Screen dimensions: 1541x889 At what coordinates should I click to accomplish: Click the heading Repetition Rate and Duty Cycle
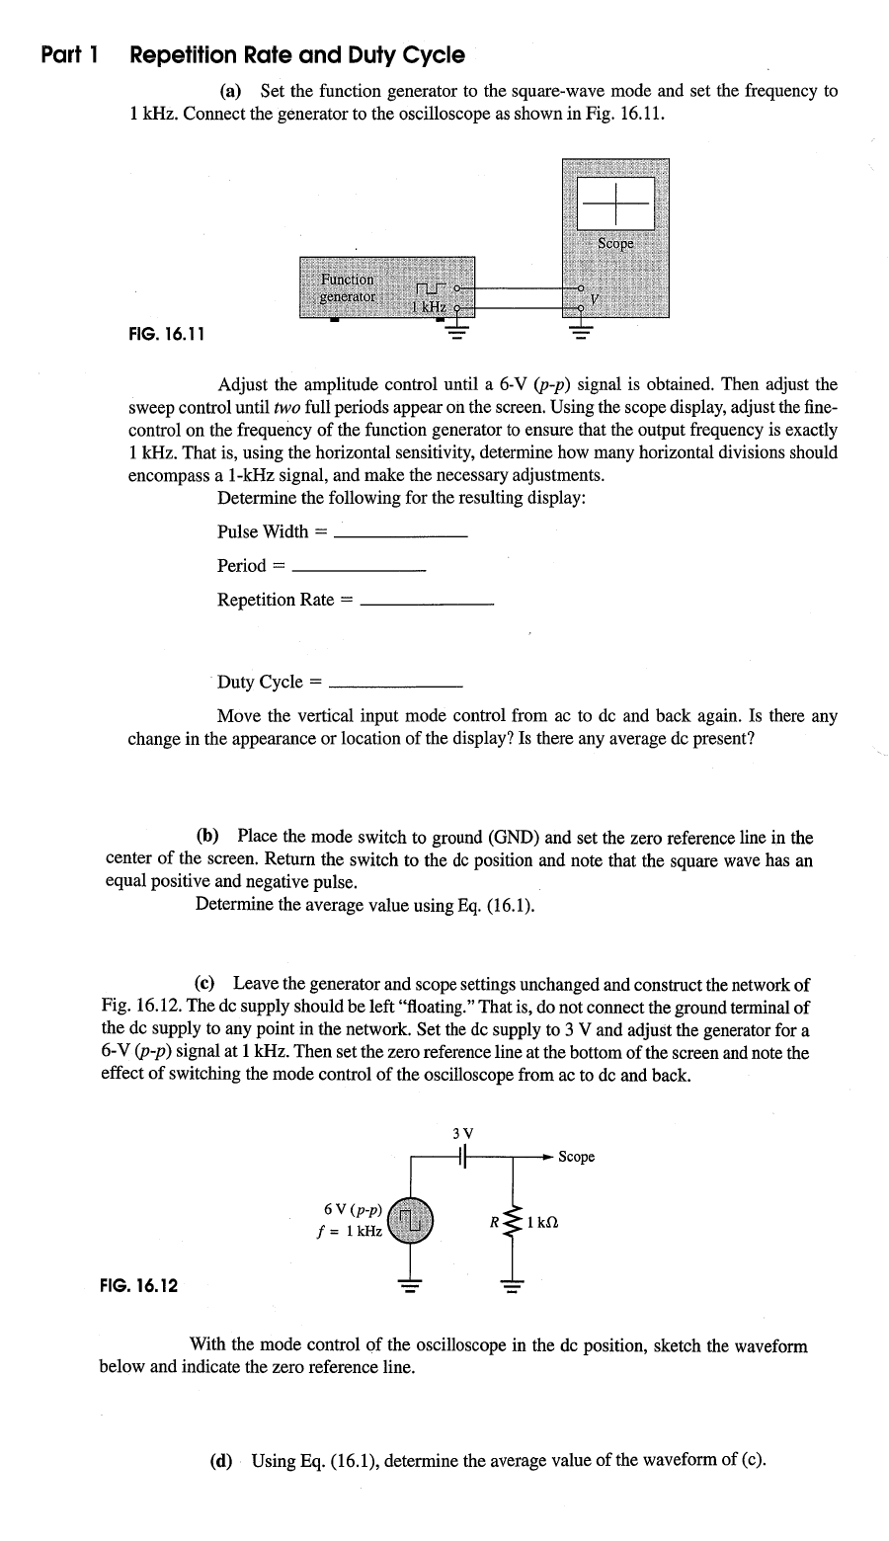click(x=296, y=54)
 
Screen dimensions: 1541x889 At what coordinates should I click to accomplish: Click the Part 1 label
click(x=68, y=54)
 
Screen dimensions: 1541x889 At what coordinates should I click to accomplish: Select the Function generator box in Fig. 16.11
click(x=385, y=286)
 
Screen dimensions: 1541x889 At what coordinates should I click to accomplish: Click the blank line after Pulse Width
click(x=400, y=534)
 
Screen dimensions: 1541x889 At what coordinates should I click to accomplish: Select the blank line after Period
click(x=360, y=569)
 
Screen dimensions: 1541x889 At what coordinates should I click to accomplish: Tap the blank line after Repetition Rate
click(x=427, y=603)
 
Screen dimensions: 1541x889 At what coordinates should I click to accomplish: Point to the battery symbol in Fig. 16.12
click(x=463, y=1156)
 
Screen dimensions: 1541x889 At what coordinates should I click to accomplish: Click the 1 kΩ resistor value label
click(x=544, y=1223)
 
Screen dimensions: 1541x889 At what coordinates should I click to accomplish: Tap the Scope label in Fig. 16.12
click(x=577, y=1157)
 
